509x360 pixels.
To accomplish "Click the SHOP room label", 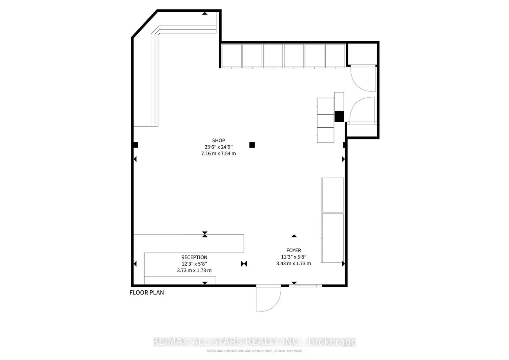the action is click(218, 141).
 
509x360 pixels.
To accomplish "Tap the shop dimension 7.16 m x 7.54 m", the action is click(218, 154).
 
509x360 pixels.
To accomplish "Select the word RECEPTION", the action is click(194, 257).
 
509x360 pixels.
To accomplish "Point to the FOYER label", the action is click(294, 250).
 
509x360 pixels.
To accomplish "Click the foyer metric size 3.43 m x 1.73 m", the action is click(294, 263).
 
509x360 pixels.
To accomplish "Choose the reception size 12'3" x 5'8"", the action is click(194, 264).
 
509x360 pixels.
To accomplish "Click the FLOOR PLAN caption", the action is click(146, 293).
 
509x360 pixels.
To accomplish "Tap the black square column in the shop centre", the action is click(252, 145).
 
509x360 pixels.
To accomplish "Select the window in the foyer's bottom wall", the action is click(306, 286).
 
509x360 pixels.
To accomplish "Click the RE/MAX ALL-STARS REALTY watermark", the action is click(254, 342).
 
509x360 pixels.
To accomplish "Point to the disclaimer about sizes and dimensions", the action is click(254, 351).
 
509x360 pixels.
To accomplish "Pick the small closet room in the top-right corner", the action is click(362, 54).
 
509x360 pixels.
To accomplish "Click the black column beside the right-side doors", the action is click(339, 116).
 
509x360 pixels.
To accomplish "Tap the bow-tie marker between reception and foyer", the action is click(244, 264).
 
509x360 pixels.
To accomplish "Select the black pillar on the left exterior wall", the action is click(135, 145).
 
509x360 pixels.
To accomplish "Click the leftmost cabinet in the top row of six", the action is click(231, 56).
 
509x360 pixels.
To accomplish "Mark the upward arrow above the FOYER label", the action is click(294, 236).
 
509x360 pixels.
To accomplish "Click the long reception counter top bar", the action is click(189, 243).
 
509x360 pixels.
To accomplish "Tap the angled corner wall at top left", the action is click(144, 24).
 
